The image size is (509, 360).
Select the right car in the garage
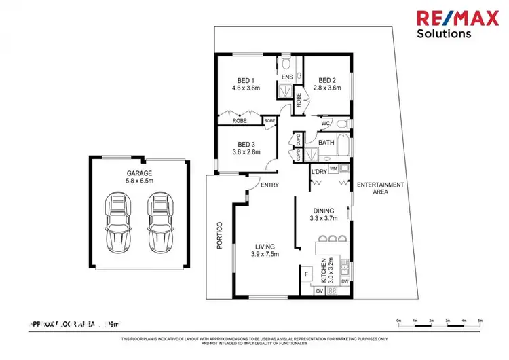(160, 223)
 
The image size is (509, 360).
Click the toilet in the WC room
(343, 124)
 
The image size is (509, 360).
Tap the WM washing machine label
(333, 168)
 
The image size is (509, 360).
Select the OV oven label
(319, 291)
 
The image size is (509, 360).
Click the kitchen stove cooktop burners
(333, 291)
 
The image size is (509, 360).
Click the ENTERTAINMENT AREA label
(381, 189)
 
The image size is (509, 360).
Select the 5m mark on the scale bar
(480, 319)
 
